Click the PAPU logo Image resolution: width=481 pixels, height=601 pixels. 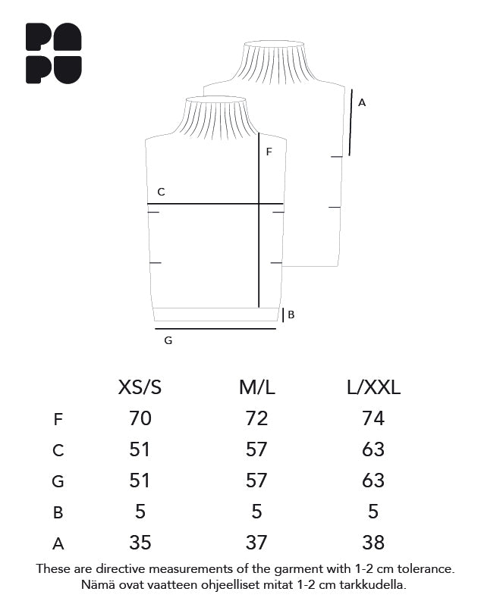(x=53, y=53)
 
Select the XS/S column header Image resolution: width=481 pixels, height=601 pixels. (x=140, y=387)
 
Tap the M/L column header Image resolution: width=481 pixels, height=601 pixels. (x=256, y=387)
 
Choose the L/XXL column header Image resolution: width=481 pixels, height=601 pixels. (x=373, y=387)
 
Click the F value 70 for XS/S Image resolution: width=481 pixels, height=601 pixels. (x=140, y=418)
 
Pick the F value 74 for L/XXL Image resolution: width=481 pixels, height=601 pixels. (x=373, y=418)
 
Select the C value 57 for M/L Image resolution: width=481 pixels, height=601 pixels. (x=256, y=449)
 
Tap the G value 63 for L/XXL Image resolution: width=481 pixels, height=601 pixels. (x=373, y=480)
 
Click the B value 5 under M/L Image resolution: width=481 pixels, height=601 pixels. (x=256, y=512)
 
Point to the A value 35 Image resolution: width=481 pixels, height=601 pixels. (x=140, y=543)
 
